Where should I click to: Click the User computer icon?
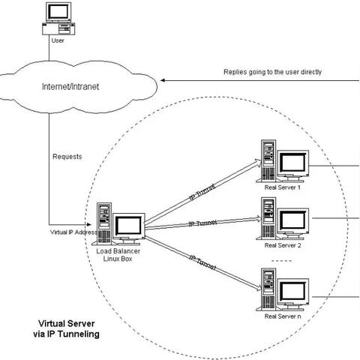[58, 19]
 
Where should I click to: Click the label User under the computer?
[58, 40]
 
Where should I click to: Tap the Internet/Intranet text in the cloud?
[70, 87]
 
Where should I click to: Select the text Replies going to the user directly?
[272, 72]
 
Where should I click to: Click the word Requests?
[67, 157]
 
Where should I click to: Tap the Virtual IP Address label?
[73, 232]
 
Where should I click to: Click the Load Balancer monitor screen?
[129, 226]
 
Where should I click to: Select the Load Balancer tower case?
[104, 223]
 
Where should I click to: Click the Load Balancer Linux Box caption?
[118, 255]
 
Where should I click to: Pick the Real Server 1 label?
[283, 187]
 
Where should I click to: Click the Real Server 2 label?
[283, 245]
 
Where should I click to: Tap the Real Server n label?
[283, 316]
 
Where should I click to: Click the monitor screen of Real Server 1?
[292, 162]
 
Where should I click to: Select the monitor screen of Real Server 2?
[293, 220]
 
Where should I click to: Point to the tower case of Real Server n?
[268, 289]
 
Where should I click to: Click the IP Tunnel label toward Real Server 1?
[202, 192]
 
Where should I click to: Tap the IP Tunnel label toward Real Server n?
[203, 262]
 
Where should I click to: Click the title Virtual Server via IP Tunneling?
[66, 328]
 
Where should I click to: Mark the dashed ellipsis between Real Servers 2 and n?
[282, 261]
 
